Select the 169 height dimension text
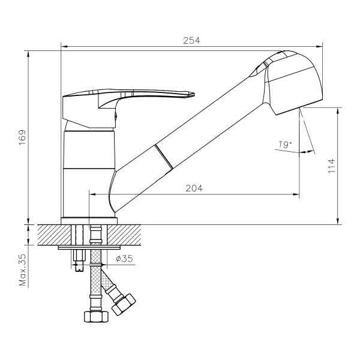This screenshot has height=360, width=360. click(22, 140)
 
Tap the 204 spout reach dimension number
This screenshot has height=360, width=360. click(194, 188)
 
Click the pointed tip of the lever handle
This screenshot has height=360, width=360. click(193, 94)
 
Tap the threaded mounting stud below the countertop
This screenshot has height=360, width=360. click(77, 258)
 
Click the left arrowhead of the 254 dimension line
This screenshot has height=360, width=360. click(64, 46)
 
